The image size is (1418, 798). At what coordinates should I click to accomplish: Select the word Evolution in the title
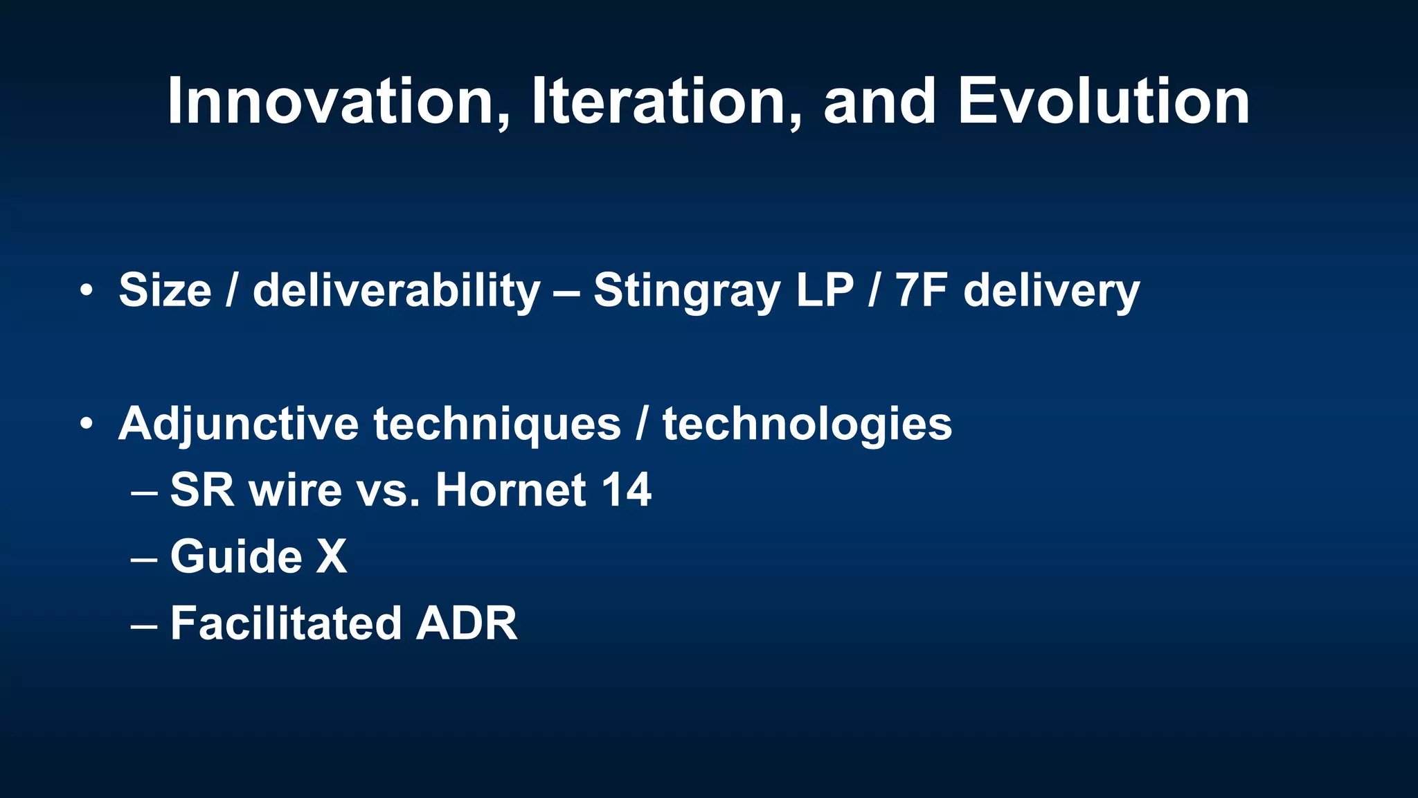1104,102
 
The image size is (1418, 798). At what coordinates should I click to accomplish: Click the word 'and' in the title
879,102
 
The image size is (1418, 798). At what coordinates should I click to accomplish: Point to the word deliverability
396,291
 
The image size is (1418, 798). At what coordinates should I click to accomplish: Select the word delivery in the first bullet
1051,291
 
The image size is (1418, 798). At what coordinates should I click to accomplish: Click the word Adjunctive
238,424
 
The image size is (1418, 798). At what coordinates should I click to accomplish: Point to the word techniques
497,424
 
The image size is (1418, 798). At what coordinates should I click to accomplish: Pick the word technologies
807,424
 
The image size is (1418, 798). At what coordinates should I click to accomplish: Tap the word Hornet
512,490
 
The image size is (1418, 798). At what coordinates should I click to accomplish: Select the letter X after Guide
331,556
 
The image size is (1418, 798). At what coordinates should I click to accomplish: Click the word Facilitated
285,623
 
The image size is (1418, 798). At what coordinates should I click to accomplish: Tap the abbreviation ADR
466,623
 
